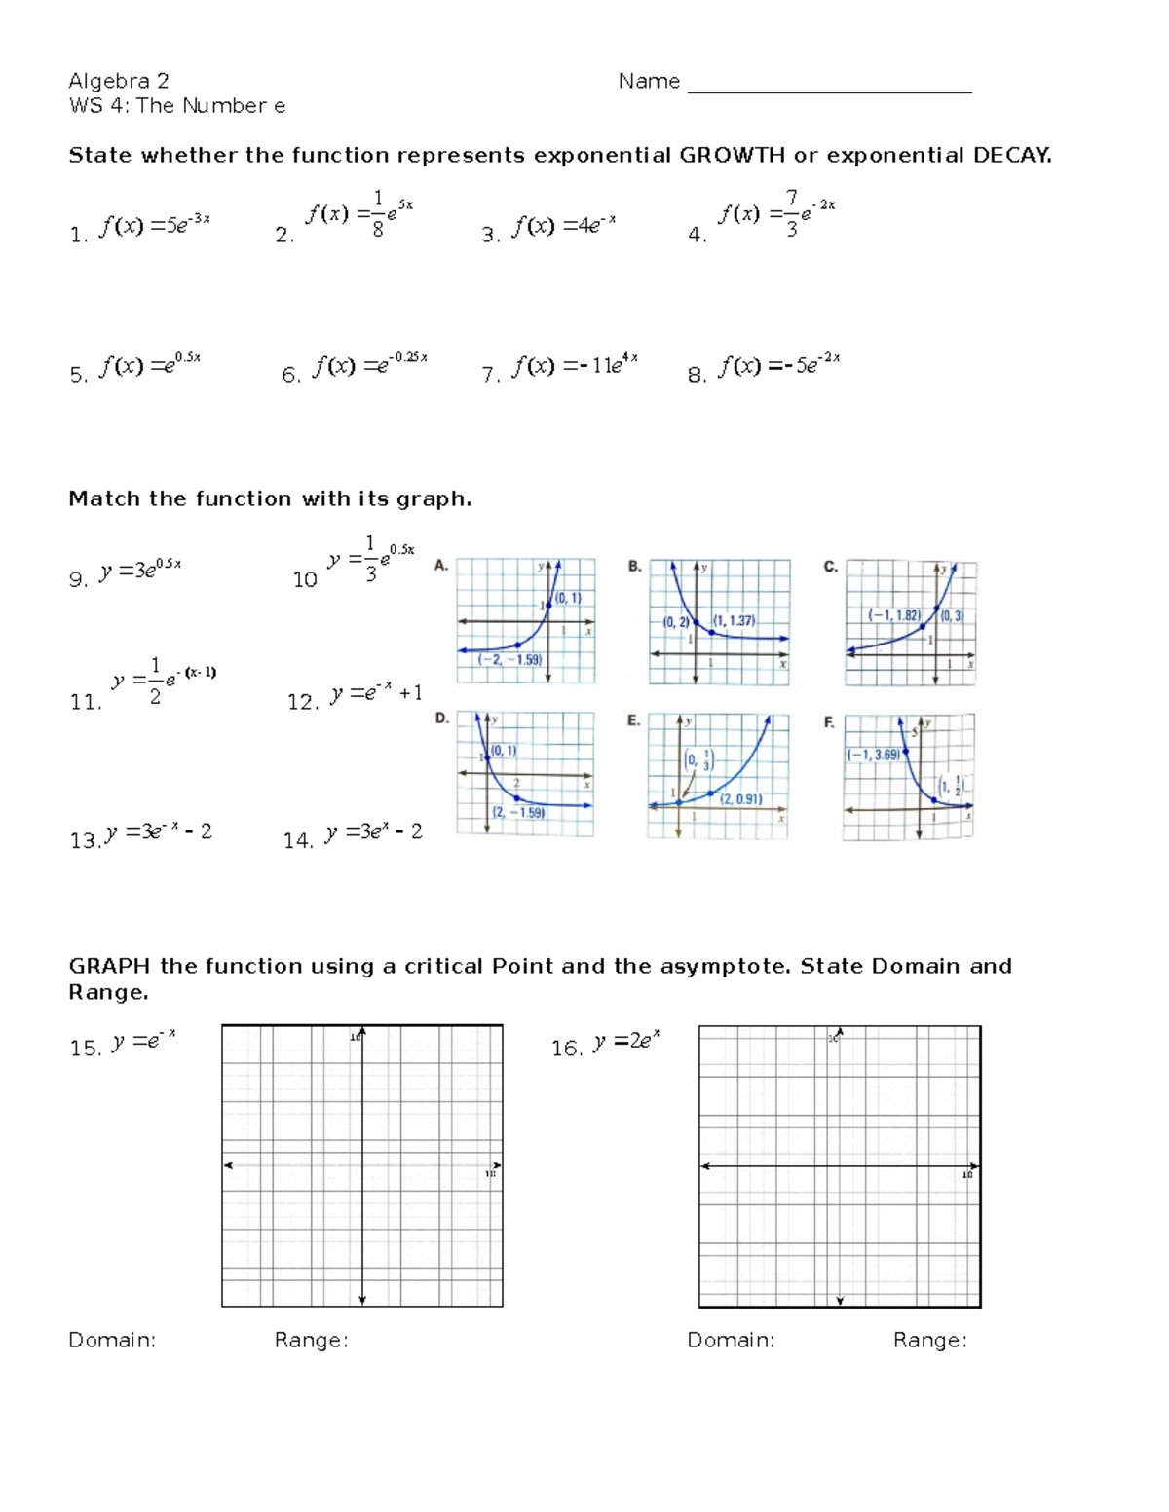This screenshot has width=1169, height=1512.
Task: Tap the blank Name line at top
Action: point(829,84)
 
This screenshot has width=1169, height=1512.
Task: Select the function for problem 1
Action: point(154,226)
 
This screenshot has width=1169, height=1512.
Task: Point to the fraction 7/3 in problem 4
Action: point(791,214)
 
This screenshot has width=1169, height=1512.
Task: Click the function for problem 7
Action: point(575,366)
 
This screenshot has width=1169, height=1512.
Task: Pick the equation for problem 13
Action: point(158,832)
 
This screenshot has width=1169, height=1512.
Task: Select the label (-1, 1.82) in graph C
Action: point(894,615)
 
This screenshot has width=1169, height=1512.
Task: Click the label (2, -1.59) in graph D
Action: point(518,812)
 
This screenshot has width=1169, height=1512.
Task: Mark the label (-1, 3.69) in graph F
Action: point(874,755)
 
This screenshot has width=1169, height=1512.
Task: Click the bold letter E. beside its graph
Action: point(634,721)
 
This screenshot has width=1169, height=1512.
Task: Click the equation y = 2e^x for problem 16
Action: point(625,1042)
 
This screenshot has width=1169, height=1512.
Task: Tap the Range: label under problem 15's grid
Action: point(311,1341)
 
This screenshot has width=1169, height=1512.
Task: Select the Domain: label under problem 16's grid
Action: point(731,1341)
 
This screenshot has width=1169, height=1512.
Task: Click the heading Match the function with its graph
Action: point(270,499)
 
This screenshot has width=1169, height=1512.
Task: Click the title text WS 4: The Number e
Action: point(177,106)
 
